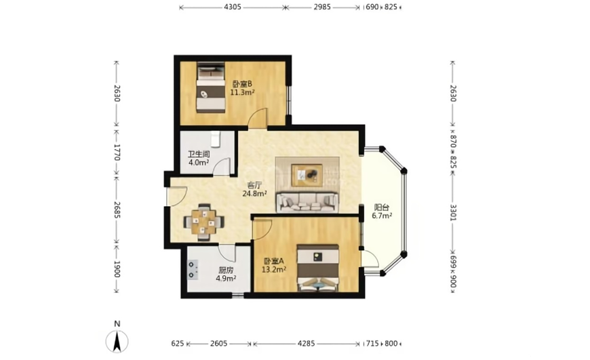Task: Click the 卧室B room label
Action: coord(242,84)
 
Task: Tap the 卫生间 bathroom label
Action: coord(199,154)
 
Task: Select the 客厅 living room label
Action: coord(254,186)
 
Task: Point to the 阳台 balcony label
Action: coord(382,207)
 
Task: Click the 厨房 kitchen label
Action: coord(226,270)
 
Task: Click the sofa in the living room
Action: coord(307,203)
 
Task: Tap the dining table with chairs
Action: coord(204,222)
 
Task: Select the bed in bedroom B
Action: coord(211,87)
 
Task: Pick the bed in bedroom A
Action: coord(318,268)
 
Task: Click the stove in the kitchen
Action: coord(193,270)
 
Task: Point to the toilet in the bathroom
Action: coord(215,139)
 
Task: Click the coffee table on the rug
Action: coord(307,175)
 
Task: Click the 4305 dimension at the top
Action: coord(232,7)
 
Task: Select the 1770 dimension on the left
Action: coord(117,152)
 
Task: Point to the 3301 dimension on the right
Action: coord(453,212)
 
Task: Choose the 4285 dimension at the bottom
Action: coord(307,344)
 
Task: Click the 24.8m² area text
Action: coord(255,194)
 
